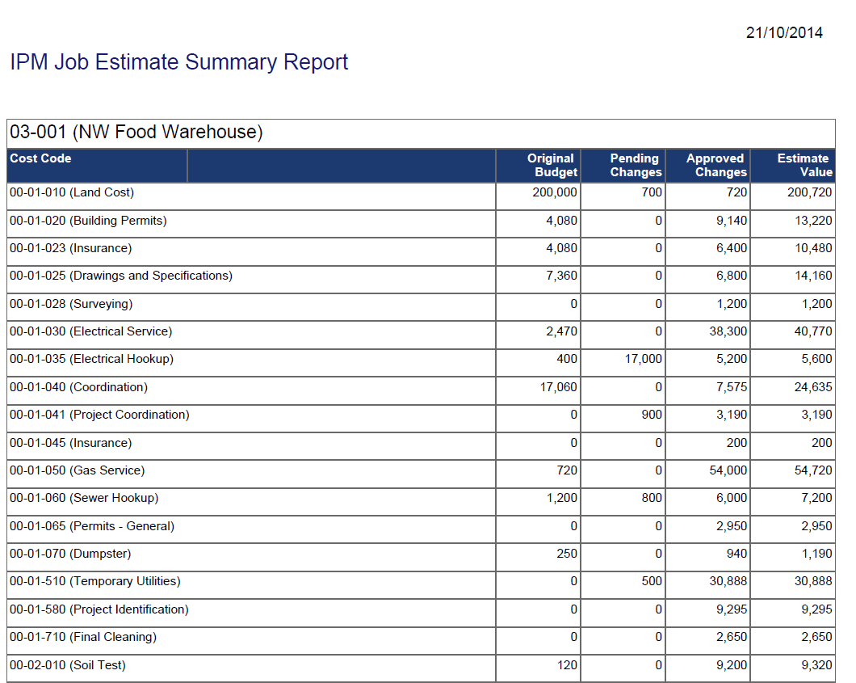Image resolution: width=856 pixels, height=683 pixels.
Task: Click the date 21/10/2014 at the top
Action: [784, 33]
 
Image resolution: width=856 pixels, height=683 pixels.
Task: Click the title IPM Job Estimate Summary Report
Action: [178, 62]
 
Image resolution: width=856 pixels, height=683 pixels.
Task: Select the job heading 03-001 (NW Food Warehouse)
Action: [136, 133]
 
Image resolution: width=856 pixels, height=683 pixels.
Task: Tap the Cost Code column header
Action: [40, 158]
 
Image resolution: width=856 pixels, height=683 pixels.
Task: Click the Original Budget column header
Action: [552, 165]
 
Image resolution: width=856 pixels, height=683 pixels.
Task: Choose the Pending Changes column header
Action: [635, 165]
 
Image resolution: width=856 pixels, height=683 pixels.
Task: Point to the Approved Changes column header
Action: [715, 165]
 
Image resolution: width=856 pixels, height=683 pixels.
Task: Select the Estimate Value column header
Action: [804, 165]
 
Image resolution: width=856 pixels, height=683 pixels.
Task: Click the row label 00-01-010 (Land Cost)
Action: [72, 192]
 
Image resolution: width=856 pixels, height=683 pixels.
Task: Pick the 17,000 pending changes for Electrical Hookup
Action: [643, 359]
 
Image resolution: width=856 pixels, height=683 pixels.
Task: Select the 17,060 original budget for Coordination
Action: [558, 387]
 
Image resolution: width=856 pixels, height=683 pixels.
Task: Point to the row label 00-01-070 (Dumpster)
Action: [70, 554]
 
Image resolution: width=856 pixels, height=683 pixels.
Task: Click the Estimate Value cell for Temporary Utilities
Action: [812, 581]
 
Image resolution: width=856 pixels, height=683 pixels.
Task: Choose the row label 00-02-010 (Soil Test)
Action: [68, 665]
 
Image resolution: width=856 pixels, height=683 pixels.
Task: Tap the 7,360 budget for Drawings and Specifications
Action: [561, 276]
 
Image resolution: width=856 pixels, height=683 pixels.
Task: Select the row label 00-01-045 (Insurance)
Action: [70, 443]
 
